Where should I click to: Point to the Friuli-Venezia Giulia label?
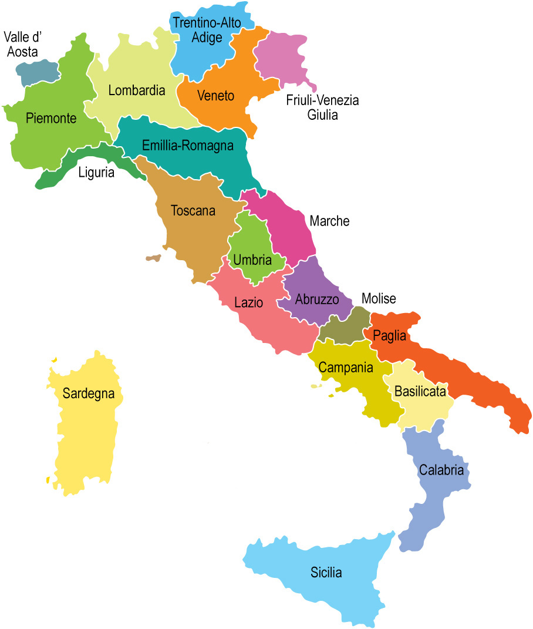[322, 107]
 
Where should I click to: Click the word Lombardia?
[137, 91]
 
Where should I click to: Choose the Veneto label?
[216, 96]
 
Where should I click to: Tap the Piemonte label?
[52, 119]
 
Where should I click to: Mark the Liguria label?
[96, 173]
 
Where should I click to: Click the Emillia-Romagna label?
[188, 146]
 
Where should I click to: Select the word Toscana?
[193, 210]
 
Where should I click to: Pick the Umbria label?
[252, 260]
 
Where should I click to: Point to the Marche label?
[329, 221]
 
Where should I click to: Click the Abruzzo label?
[317, 300]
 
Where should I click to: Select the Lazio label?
[248, 303]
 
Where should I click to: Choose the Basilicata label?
[420, 391]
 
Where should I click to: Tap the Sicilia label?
[326, 573]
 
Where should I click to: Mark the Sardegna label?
[88, 393]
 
